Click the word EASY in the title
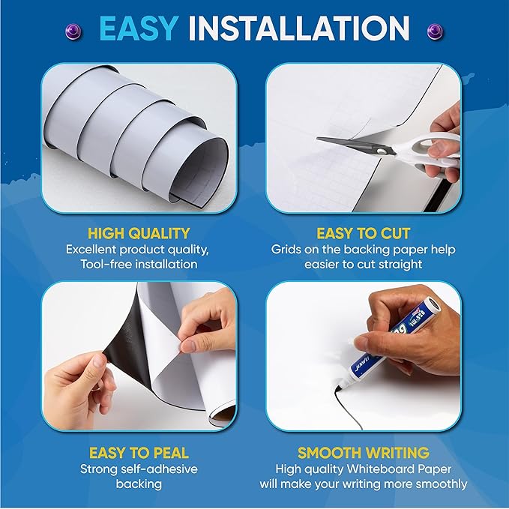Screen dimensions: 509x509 (x=140, y=28)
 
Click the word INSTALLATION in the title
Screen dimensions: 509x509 (x=298, y=28)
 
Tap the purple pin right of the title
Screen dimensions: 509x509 (x=434, y=30)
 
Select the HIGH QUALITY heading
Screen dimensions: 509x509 (x=139, y=233)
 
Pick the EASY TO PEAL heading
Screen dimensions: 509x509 (x=139, y=453)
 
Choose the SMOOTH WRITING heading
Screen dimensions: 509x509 (x=364, y=453)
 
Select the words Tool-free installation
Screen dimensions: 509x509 (x=142, y=264)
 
